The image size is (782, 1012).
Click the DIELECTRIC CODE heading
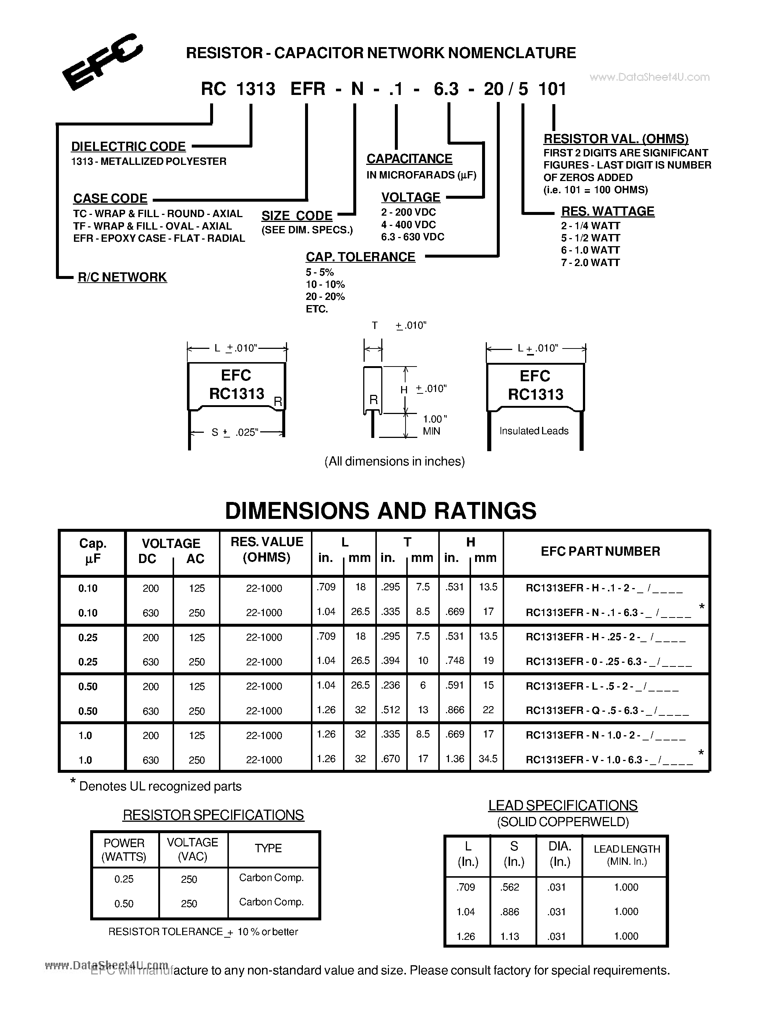(128, 146)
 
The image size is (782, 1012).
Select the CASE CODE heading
(110, 198)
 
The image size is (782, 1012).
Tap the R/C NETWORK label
(122, 277)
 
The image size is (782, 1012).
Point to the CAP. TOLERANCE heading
(360, 257)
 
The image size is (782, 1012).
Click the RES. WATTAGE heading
(607, 211)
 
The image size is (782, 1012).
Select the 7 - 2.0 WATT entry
(590, 262)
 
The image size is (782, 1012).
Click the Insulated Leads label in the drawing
(534, 431)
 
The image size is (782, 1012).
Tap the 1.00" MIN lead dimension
(434, 425)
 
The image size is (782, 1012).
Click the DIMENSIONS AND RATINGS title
(381, 511)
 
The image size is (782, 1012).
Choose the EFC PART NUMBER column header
(601, 551)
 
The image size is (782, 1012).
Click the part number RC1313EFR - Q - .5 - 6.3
(607, 710)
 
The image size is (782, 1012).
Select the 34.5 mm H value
(488, 758)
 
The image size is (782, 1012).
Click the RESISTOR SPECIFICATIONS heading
(213, 815)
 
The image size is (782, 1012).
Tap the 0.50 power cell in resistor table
(124, 903)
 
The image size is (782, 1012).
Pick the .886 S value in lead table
(510, 912)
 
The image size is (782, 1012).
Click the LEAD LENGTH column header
(626, 855)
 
